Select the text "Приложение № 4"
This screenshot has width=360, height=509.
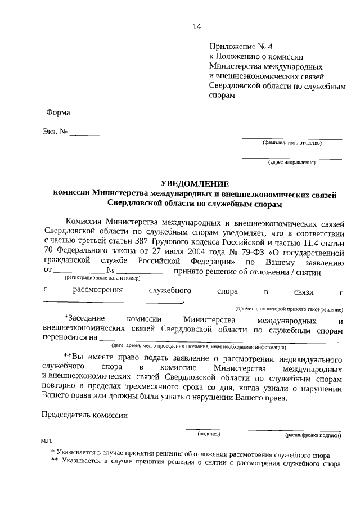point(236,47)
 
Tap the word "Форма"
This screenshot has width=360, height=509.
point(58,112)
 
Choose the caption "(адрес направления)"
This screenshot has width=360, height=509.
point(291,163)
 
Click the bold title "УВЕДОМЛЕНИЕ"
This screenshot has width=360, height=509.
point(195,184)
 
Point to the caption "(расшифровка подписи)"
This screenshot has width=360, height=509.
point(313,435)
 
